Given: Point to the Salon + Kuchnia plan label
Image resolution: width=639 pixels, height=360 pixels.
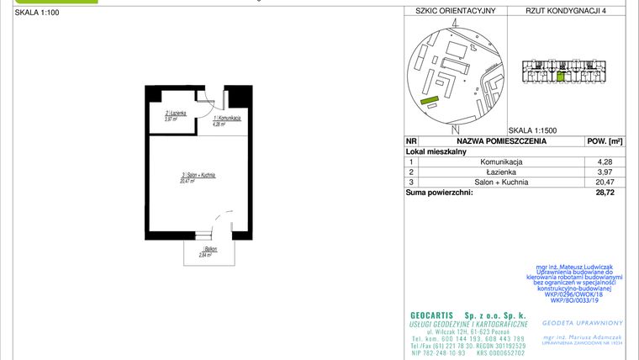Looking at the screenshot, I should click(198, 177).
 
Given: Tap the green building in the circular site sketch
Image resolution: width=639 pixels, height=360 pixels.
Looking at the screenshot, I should click(430, 101).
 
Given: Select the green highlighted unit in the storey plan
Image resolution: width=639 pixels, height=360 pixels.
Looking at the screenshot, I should click(561, 77).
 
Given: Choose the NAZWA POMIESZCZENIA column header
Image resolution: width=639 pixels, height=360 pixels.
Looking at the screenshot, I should click(501, 141).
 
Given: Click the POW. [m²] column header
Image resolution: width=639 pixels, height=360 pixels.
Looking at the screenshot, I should click(604, 141).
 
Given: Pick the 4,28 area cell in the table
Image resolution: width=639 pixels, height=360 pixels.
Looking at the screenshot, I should click(604, 161).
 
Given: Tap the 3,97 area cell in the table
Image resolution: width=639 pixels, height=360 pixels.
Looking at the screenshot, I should click(604, 171).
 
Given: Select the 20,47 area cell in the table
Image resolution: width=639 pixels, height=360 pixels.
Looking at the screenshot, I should click(604, 182).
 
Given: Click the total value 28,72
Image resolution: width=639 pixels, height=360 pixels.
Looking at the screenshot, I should click(604, 193).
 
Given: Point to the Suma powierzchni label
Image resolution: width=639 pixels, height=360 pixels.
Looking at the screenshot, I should click(439, 193).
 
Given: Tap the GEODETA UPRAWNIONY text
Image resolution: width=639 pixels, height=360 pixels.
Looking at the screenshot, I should click(583, 322).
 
